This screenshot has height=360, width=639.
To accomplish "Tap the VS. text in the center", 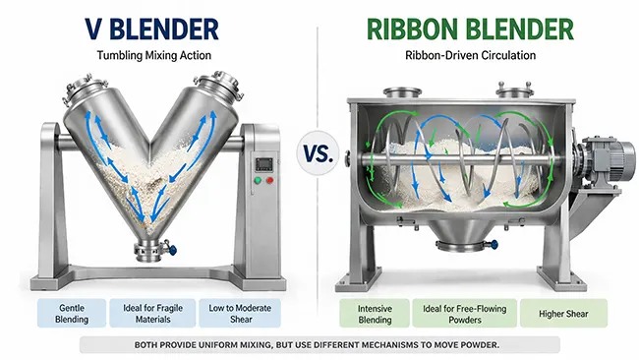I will coord(319,154).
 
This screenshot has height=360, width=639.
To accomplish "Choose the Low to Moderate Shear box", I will coord(239,313).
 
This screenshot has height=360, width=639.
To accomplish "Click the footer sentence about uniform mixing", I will coord(319,344).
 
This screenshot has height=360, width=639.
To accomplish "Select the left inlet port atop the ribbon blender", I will coord(401,93).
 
